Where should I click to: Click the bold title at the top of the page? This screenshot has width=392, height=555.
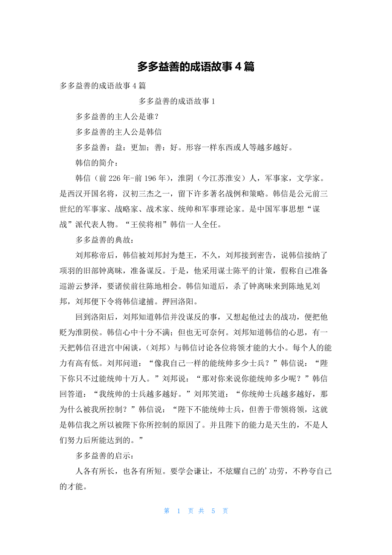pyautogui.click(x=196, y=66)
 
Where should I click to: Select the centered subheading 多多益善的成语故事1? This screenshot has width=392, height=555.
pyautogui.click(x=177, y=101)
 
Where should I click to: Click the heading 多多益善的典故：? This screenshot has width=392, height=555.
pyautogui.click(x=104, y=240)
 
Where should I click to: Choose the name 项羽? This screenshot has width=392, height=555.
pyautogui.click(x=68, y=270)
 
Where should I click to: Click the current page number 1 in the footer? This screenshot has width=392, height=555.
pyautogui.click(x=179, y=511)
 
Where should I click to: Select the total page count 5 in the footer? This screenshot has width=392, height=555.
pyautogui.click(x=213, y=511)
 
